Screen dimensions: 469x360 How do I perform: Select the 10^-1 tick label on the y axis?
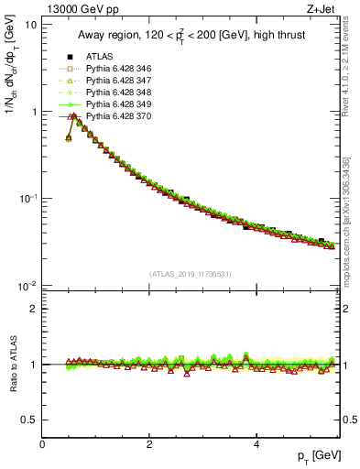(x=27, y=199)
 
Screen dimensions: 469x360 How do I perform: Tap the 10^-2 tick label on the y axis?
(x=27, y=286)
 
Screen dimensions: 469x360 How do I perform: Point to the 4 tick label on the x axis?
(x=256, y=444)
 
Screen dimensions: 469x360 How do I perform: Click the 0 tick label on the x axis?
(x=42, y=444)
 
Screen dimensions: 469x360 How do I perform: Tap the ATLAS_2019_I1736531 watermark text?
(x=191, y=274)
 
